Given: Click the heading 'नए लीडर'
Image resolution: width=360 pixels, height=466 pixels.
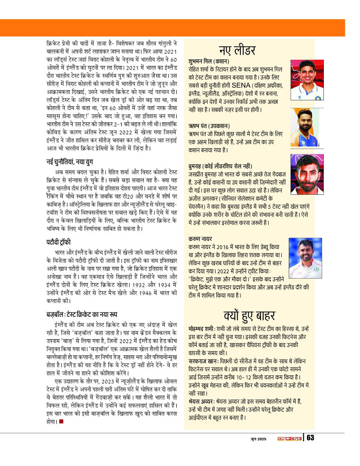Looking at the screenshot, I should (237, 50).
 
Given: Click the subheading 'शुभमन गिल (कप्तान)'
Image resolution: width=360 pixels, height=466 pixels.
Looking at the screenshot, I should (208, 61).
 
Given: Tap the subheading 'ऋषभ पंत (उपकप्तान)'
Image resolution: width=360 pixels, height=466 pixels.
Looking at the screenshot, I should (209, 125).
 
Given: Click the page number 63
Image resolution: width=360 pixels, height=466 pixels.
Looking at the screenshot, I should (310, 438).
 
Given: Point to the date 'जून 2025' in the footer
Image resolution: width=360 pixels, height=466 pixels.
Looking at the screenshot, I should (255, 439).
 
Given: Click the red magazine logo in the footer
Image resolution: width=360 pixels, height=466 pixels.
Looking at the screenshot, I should (289, 438).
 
